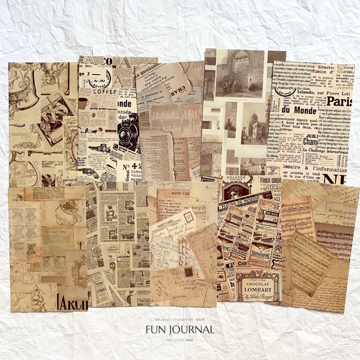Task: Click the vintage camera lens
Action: [129, 130]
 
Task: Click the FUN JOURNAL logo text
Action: [180, 330]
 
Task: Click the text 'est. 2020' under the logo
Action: [180, 340]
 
